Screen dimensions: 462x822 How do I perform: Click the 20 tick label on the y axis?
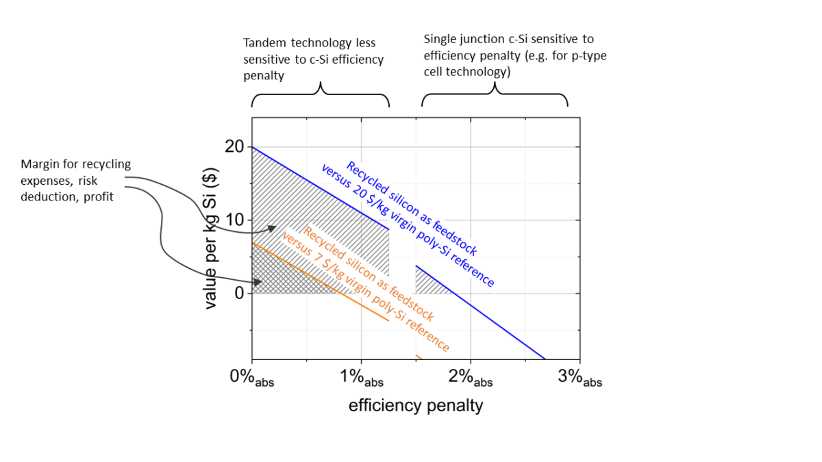[x=234, y=147]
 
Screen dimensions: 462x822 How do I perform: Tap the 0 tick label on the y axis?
[x=239, y=293]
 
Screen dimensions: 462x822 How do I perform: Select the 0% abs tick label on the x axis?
[x=252, y=378]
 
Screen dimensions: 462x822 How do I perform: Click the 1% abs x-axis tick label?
[x=362, y=378]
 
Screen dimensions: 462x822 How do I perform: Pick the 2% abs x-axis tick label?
[x=471, y=378]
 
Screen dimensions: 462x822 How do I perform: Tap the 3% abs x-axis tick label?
[x=580, y=378]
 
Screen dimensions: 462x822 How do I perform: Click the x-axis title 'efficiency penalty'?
[x=416, y=406]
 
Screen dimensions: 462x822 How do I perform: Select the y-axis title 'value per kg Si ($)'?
[x=211, y=240]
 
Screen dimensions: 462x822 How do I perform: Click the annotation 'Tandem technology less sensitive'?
[x=313, y=60]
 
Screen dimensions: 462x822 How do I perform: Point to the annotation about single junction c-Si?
[x=515, y=55]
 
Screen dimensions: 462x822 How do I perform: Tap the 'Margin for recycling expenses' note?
[x=75, y=181]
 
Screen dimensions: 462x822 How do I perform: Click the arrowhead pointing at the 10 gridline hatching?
[x=273, y=228]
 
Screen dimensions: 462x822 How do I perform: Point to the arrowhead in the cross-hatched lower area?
[x=260, y=281]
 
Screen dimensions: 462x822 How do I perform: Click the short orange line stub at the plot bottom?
[x=419, y=357]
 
